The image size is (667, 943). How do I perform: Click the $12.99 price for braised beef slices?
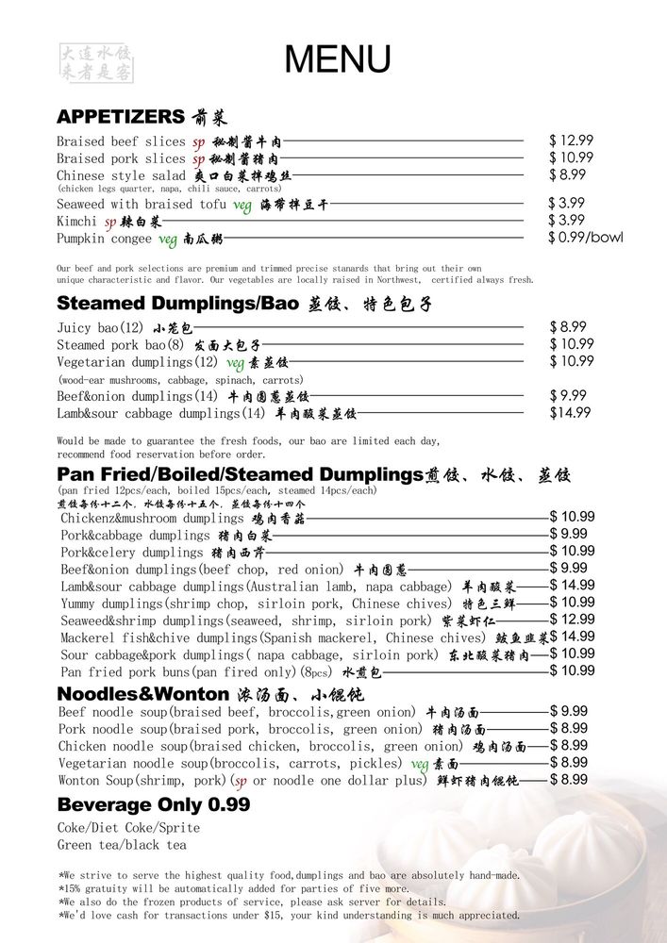pos(571,141)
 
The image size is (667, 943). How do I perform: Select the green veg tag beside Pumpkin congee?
pos(169,240)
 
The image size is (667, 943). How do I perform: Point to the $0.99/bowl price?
pos(585,238)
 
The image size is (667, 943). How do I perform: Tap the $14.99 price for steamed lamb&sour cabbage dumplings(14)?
pos(571,412)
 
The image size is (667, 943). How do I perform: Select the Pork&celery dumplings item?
pos(132,553)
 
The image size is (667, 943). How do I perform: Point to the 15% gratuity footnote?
pos(236,888)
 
